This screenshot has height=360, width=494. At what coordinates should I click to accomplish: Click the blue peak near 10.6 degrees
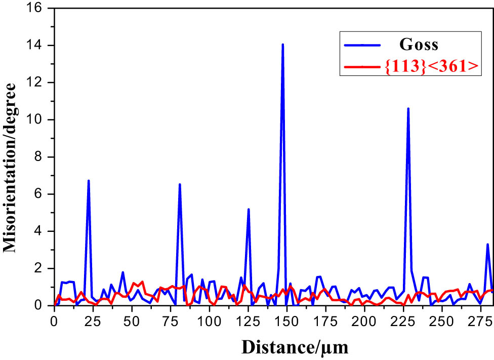(408, 108)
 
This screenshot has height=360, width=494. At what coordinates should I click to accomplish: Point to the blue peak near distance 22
(89, 181)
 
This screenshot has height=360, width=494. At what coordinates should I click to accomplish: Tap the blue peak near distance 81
(180, 184)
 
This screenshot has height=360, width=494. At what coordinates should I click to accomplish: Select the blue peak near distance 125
(249, 209)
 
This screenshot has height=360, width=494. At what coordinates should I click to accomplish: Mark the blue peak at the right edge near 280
(487, 245)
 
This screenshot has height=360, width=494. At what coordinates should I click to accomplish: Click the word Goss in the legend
(420, 45)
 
